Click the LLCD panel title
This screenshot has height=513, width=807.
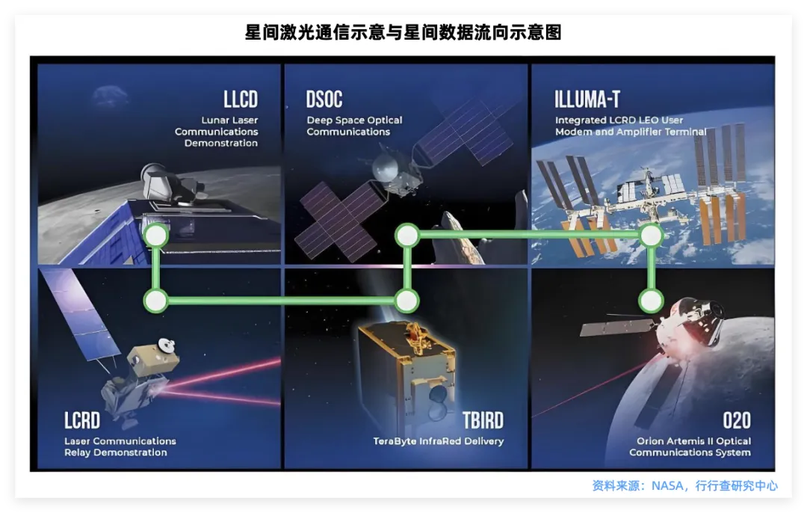pyautogui.click(x=240, y=99)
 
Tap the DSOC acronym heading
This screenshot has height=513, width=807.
pyautogui.click(x=324, y=99)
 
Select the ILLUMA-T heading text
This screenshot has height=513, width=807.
pyautogui.click(x=587, y=99)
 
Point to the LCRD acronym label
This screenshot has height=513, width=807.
pyautogui.click(x=82, y=420)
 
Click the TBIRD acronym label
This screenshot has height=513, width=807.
pyautogui.click(x=482, y=420)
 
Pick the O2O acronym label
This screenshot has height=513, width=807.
pyautogui.click(x=736, y=420)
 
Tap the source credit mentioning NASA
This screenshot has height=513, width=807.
pyautogui.click(x=684, y=485)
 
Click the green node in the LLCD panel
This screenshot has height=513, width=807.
pyautogui.click(x=155, y=236)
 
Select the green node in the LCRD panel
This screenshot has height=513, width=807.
pyautogui.click(x=155, y=301)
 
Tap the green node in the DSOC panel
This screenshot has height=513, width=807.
pyautogui.click(x=407, y=236)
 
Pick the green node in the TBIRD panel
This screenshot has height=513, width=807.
pyautogui.click(x=407, y=301)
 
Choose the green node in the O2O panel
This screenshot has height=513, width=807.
pyautogui.click(x=651, y=301)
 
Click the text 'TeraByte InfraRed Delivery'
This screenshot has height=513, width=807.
pyautogui.click(x=438, y=441)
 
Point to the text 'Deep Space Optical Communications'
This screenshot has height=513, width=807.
pyautogui.click(x=354, y=126)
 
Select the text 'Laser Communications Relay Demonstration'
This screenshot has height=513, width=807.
pyautogui.click(x=120, y=446)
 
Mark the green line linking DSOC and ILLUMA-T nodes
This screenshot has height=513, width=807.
pyautogui.click(x=529, y=235)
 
